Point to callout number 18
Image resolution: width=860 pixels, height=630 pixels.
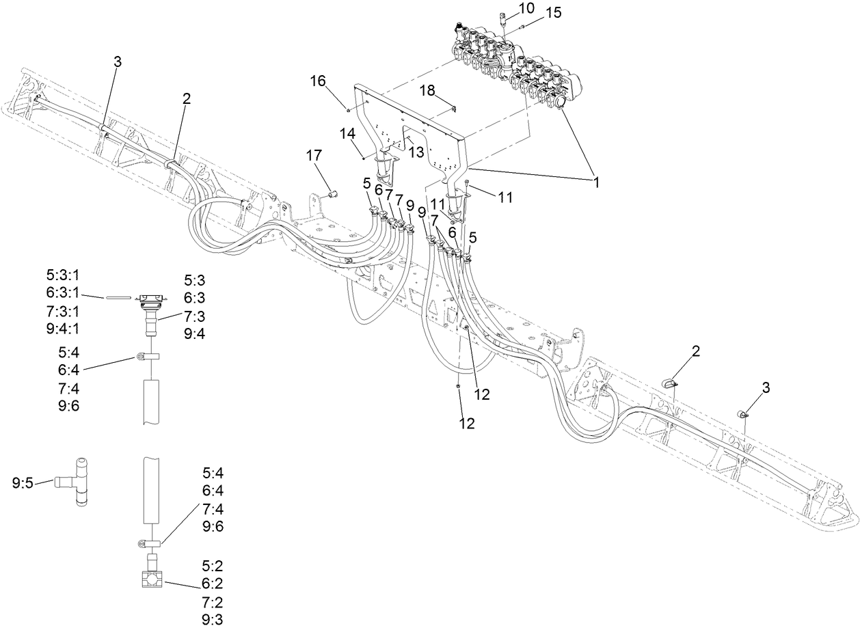pyautogui.click(x=427, y=91)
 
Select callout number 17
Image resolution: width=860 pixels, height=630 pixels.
pyautogui.click(x=314, y=156)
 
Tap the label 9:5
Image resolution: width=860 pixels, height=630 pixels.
pyautogui.click(x=23, y=483)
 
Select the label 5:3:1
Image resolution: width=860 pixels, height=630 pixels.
pyautogui.click(x=63, y=275)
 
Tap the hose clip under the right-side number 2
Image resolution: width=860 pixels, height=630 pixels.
pyautogui.click(x=669, y=383)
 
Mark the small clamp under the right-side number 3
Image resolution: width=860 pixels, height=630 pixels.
pyautogui.click(x=742, y=414)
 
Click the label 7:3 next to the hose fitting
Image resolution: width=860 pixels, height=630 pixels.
pyautogui.click(x=196, y=315)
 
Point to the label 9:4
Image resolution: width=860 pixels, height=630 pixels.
pyautogui.click(x=196, y=333)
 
